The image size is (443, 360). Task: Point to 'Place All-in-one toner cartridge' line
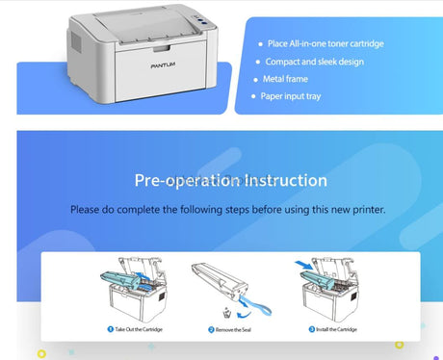coord(326,43)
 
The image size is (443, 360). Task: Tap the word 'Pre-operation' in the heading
coord(175,180)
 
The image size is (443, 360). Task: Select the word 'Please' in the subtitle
coord(91,209)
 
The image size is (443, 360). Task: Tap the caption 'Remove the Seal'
coord(232,329)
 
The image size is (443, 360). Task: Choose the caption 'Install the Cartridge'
coord(334,329)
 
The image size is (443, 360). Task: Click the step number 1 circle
coord(109,329)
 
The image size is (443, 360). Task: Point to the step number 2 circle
coord(211,329)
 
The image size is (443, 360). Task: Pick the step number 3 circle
coord(310,329)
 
